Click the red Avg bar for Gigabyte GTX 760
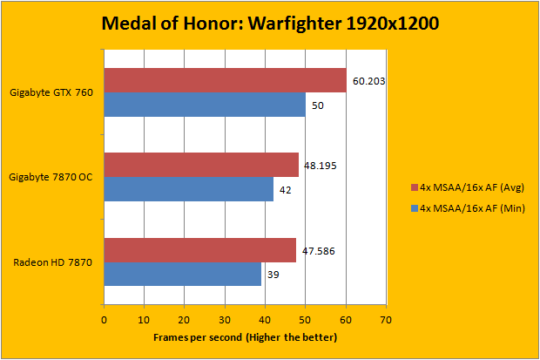(x=225, y=80)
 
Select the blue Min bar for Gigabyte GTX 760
(x=205, y=105)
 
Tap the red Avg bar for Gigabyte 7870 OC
(x=201, y=165)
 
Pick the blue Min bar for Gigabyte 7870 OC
(x=188, y=189)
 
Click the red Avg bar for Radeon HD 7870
(x=199, y=250)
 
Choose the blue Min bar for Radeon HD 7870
(x=182, y=275)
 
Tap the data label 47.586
(x=318, y=251)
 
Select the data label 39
(x=274, y=275)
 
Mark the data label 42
(x=287, y=190)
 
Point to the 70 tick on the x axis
(x=387, y=319)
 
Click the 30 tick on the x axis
(x=225, y=319)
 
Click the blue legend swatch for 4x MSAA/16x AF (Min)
(x=414, y=208)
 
